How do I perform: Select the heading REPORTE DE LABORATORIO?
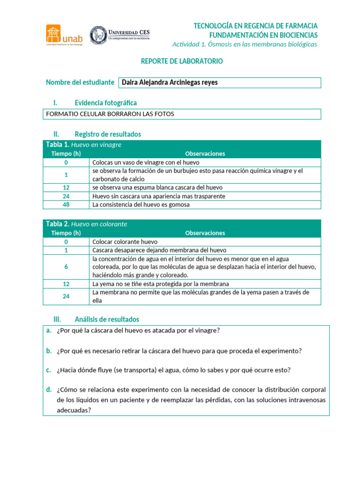pos(182,62)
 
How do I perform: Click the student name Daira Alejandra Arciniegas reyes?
pos(170,82)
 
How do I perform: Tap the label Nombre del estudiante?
pos(80,82)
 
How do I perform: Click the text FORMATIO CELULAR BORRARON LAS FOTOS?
pos(109,114)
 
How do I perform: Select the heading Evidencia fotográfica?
pos(106,103)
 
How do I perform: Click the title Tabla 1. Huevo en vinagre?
pos(83,145)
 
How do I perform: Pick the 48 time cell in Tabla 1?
pos(66,205)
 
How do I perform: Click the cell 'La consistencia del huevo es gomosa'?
pos(141,205)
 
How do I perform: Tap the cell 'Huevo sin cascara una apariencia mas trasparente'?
pos(159,196)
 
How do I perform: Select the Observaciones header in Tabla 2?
pos(205,233)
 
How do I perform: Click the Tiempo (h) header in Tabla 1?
pos(66,153)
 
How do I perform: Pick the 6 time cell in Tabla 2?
pos(66,267)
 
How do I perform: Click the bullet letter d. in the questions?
pos(49,390)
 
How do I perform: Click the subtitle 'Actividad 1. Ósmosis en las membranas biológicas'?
pos(245,44)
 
